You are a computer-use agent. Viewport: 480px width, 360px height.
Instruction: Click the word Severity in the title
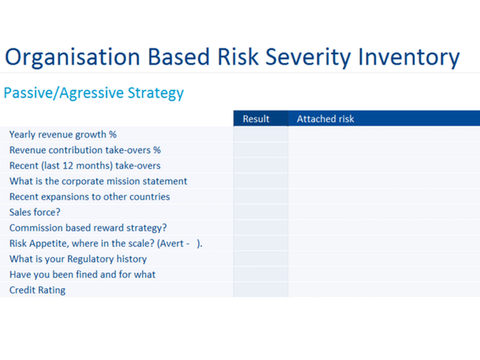tap(308, 57)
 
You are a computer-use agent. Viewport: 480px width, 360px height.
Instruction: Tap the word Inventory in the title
tap(409, 57)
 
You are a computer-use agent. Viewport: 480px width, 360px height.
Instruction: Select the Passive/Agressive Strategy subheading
tap(94, 93)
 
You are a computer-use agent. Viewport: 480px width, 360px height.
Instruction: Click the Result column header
tap(256, 119)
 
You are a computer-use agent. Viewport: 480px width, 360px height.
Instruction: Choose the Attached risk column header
tap(325, 119)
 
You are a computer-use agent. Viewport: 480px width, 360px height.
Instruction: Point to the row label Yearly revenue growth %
tap(63, 135)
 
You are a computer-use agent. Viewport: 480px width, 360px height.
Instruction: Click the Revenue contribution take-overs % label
tap(85, 150)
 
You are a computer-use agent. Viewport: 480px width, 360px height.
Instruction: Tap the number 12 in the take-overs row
tap(68, 166)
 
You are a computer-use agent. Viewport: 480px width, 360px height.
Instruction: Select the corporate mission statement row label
tap(98, 181)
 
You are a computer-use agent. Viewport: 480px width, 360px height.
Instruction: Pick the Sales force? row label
tap(35, 212)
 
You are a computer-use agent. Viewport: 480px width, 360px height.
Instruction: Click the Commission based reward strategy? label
tap(88, 228)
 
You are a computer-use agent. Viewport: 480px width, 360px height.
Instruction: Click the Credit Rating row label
tap(38, 290)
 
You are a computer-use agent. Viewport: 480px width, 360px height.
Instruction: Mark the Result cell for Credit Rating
tap(261, 290)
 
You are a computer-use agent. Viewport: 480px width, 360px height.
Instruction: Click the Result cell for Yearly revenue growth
tap(261, 135)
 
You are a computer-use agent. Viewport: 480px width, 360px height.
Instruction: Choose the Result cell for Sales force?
tap(261, 212)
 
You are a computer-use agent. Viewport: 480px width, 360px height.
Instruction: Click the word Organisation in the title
tap(72, 57)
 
